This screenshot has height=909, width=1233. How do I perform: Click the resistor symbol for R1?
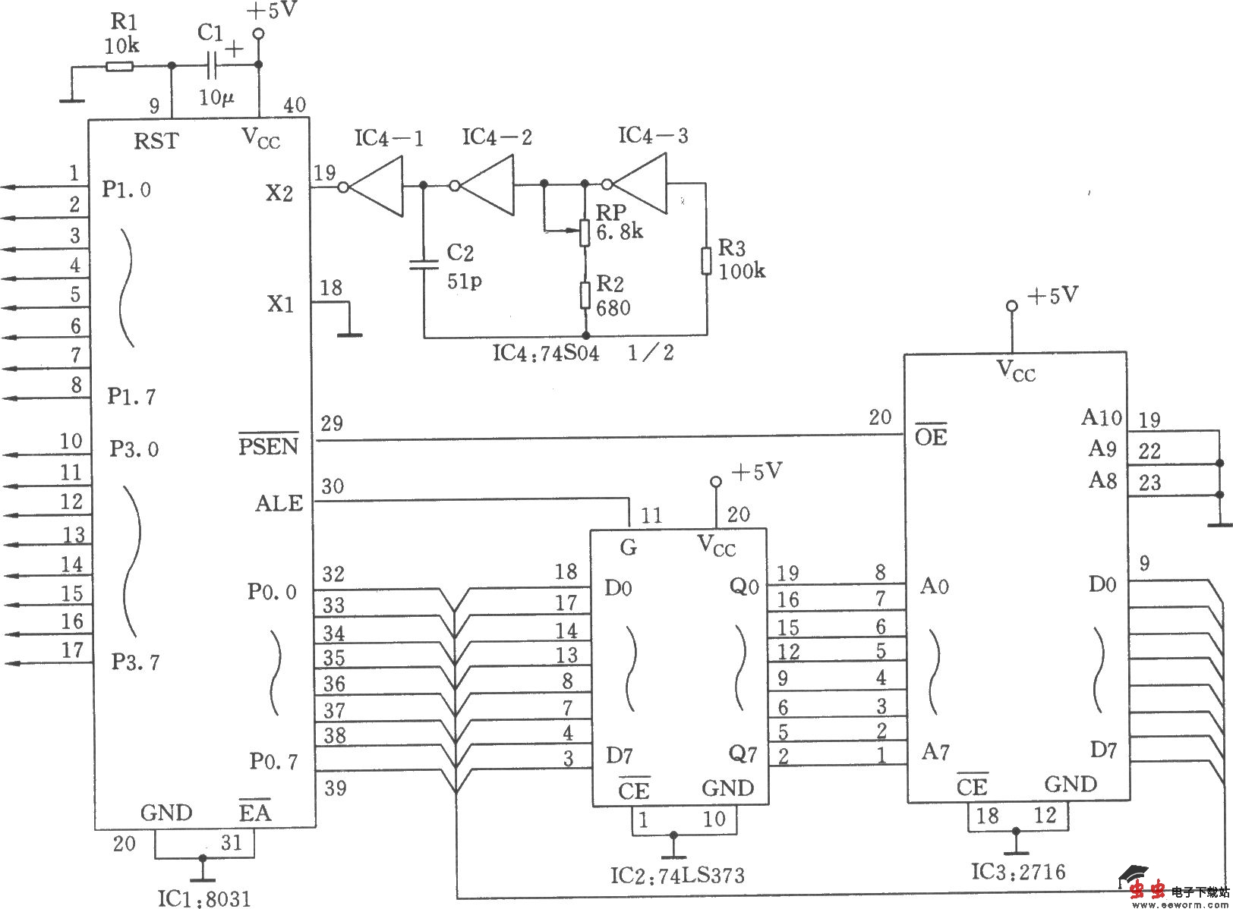(119, 67)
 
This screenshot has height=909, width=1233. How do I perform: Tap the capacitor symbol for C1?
(212, 66)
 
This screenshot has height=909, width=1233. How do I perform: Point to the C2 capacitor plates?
(424, 265)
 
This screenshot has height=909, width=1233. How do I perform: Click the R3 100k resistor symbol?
(706, 261)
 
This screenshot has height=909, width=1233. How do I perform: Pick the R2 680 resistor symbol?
(585, 295)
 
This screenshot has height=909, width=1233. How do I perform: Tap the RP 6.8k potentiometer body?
(585, 233)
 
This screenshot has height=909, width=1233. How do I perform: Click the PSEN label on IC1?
(269, 445)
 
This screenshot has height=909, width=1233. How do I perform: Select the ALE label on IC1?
(279, 504)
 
